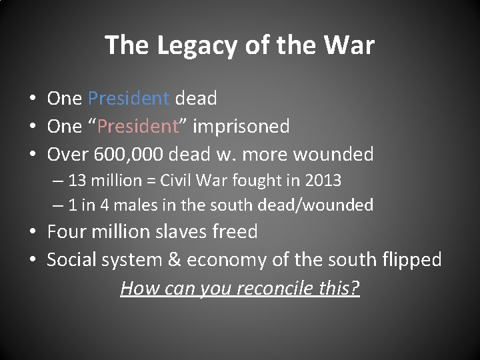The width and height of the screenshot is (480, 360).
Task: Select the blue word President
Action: coord(128,99)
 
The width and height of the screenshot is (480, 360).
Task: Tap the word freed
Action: coord(239,232)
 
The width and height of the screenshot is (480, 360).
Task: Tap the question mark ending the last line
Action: coord(355,288)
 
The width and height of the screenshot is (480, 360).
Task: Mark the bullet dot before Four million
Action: coord(33,232)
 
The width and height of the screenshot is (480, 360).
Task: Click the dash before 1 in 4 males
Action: coord(59,205)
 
